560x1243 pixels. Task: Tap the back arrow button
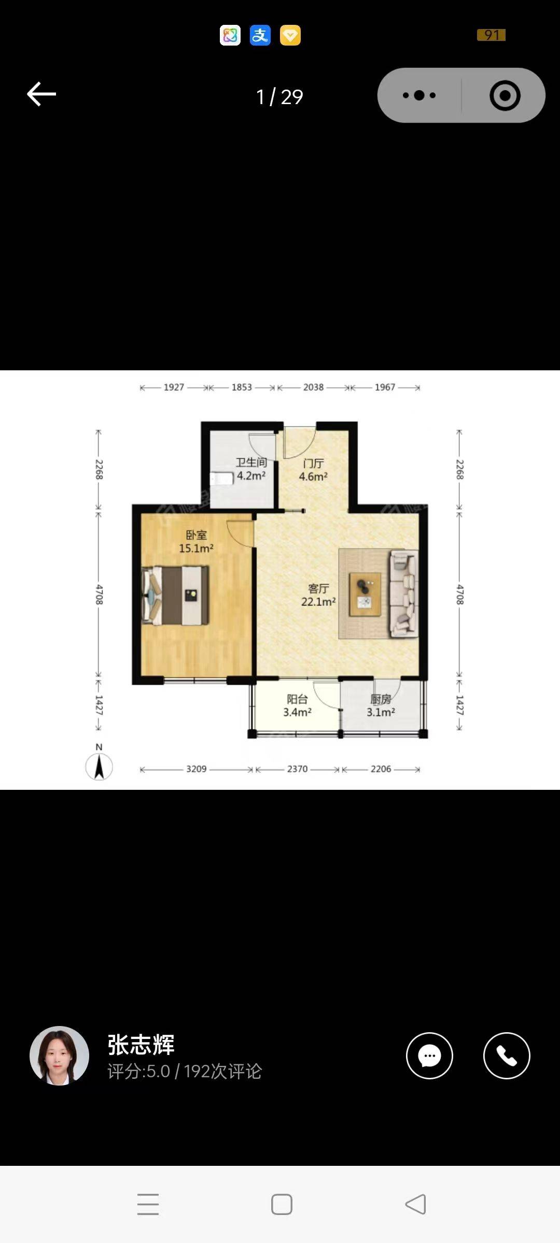pos(41,94)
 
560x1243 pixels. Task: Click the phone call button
pos(507,1056)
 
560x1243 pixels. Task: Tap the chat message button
pos(429,1056)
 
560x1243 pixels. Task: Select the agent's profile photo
pos(60,1056)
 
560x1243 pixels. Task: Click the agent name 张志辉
pos(141,1044)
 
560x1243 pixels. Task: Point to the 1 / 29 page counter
pos(279,97)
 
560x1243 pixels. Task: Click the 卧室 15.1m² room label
pos(196,541)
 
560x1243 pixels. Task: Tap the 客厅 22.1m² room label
pos(318,595)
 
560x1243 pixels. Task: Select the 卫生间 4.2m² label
pos(251,469)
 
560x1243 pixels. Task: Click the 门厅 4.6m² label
pos(313,470)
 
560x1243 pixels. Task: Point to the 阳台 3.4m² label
pos(297,705)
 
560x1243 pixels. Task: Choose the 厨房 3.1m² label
pos(381,705)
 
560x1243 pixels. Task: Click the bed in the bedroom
pos(176,595)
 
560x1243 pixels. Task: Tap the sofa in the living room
pos(404,593)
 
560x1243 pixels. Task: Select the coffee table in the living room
pos(365,594)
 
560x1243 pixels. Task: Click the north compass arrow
pos(99,766)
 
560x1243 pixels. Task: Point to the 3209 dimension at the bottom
pos(197,769)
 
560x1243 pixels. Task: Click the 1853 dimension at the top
pos(242,387)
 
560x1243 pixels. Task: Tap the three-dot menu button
pos(419,95)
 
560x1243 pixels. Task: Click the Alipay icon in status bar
pos(260,35)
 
